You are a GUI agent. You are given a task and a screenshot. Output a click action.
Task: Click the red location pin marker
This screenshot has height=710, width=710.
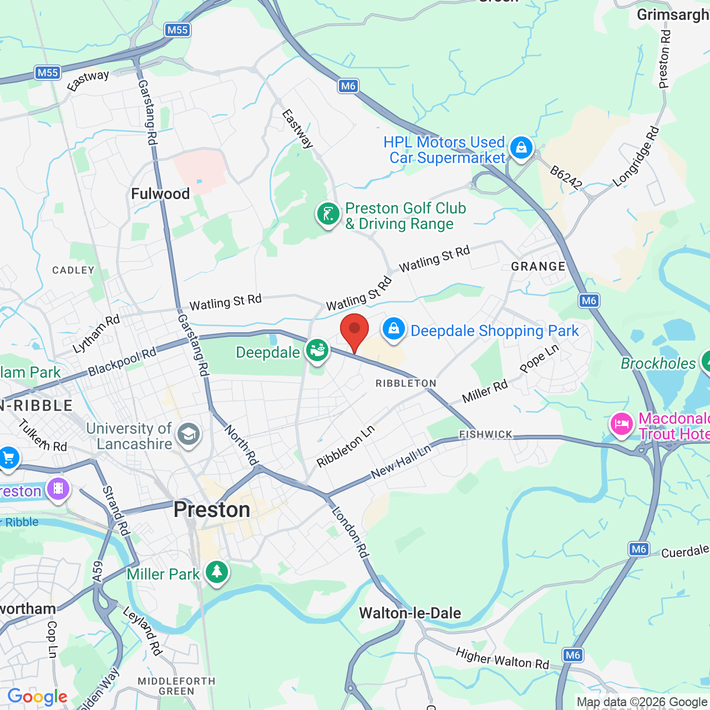(x=354, y=331)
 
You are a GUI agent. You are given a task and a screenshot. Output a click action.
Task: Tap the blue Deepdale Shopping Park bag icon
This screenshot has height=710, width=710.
(x=393, y=329)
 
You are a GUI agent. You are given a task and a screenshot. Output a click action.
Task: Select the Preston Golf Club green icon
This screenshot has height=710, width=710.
(x=328, y=214)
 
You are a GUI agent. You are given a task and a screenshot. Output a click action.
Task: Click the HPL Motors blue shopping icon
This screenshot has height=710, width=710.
(x=521, y=148)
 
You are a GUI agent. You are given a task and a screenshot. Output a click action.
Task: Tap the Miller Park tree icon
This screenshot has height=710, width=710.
(x=217, y=571)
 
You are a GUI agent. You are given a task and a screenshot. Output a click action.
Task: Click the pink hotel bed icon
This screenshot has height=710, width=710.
(x=621, y=424)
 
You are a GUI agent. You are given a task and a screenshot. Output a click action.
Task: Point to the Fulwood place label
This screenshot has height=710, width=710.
(x=160, y=194)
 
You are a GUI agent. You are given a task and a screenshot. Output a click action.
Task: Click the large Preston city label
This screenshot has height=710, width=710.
(x=212, y=510)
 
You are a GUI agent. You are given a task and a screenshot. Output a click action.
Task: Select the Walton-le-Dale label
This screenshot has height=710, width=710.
(x=410, y=613)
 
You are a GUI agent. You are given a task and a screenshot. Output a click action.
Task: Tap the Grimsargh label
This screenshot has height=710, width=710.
(x=672, y=14)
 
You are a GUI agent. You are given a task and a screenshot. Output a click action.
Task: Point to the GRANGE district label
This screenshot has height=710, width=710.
(x=538, y=267)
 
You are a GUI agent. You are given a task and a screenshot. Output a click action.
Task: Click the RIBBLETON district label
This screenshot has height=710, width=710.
(x=406, y=383)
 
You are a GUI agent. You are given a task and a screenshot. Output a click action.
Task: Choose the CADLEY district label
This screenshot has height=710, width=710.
(x=73, y=270)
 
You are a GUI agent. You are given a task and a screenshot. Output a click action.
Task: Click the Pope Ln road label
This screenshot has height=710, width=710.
(x=539, y=359)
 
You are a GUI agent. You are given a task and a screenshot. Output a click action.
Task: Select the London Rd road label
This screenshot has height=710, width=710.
(x=350, y=532)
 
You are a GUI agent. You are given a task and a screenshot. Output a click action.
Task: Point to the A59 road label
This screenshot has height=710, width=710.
(x=98, y=571)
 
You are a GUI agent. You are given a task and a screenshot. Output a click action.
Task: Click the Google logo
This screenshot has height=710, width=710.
(x=38, y=697)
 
